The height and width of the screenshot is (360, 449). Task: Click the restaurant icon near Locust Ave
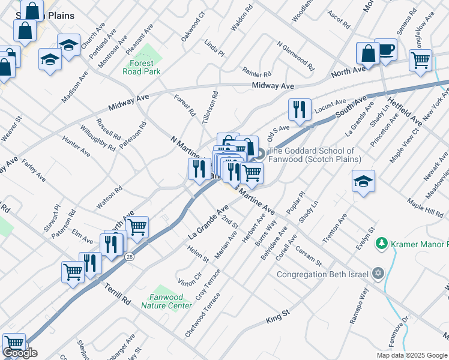click(299, 109)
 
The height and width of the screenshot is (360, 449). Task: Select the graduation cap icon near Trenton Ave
click(363, 181)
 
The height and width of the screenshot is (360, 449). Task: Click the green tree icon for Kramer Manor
click(381, 244)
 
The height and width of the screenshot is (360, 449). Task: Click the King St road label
click(278, 317)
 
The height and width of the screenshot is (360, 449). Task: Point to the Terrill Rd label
click(118, 292)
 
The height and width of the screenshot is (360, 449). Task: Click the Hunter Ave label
click(76, 146)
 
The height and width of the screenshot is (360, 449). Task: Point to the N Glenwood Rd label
click(295, 56)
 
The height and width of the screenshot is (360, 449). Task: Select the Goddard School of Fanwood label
click(315, 155)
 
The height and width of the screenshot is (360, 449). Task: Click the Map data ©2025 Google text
click(412, 355)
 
